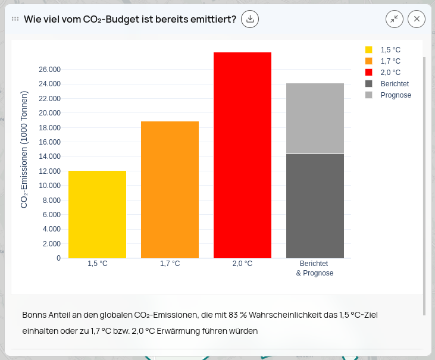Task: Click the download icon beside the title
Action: (x=250, y=19)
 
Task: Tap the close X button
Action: (x=417, y=19)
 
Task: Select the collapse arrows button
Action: (x=394, y=19)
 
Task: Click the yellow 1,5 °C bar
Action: (x=97, y=214)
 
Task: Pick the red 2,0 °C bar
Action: (x=242, y=155)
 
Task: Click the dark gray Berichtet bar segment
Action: (x=315, y=206)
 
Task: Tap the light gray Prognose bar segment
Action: (x=315, y=118)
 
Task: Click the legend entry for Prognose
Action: (x=395, y=95)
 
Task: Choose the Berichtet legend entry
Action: (x=394, y=84)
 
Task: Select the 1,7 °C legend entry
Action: (x=390, y=61)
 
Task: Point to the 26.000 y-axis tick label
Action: (x=50, y=70)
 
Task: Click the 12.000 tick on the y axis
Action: (x=50, y=171)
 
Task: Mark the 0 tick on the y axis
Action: (x=58, y=258)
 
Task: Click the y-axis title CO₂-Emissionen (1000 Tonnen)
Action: (x=24, y=149)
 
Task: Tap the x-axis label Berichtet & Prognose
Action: (x=314, y=268)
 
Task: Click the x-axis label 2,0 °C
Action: (x=242, y=264)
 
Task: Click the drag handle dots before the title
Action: (x=15, y=19)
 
